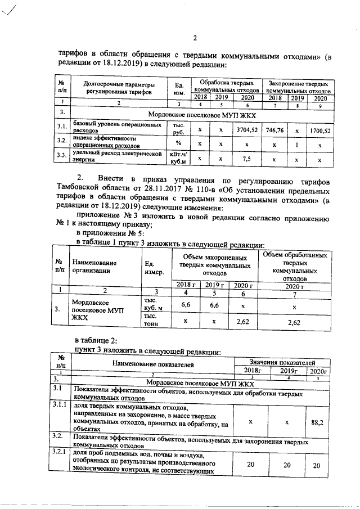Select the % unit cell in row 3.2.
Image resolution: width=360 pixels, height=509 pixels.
(178, 144)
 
